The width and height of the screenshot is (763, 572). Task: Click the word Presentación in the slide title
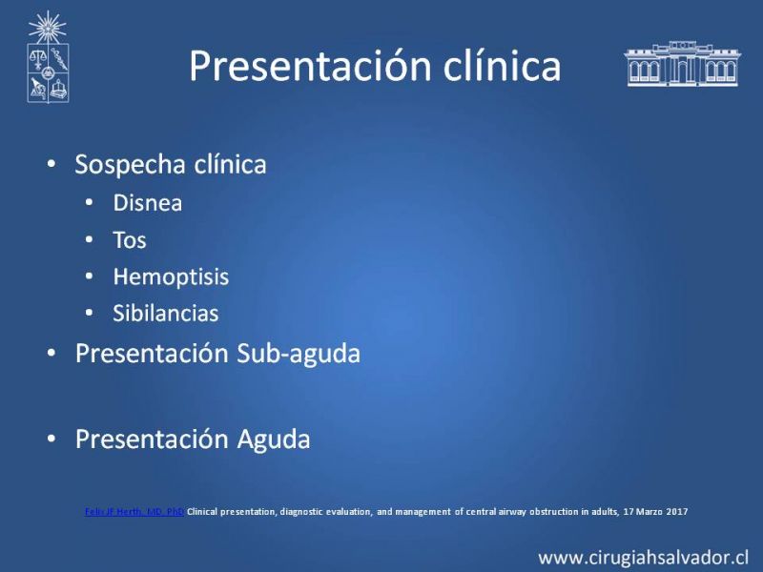click(311, 66)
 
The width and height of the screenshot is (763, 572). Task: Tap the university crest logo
click(48, 57)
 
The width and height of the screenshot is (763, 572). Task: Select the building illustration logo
click(682, 64)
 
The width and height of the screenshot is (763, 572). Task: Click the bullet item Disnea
click(148, 203)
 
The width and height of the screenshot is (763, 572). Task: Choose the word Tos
click(130, 240)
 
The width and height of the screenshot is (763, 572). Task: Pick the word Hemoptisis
click(171, 277)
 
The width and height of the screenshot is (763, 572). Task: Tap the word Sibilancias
click(165, 314)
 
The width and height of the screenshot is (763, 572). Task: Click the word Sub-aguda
click(299, 353)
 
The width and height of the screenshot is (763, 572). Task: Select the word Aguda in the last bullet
click(274, 439)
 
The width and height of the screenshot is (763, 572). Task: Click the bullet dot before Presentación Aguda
click(52, 439)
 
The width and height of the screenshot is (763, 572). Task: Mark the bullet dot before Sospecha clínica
click(52, 163)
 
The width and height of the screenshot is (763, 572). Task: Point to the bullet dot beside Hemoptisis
click(89, 276)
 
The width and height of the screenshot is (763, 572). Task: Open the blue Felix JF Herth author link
click(134, 512)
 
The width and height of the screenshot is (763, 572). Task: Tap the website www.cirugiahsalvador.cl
click(643, 558)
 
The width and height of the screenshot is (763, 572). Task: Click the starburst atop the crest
click(47, 28)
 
